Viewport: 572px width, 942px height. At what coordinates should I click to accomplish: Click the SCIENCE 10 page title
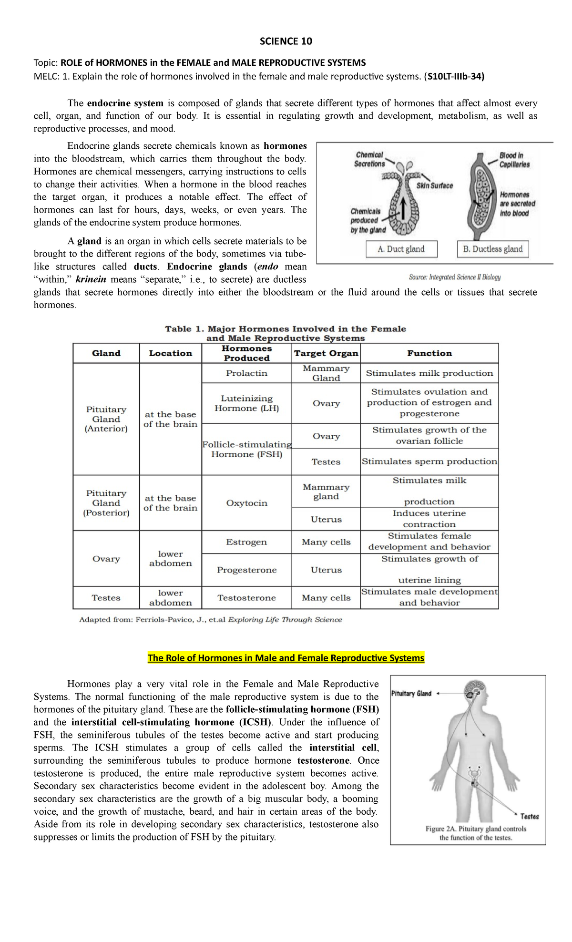286,41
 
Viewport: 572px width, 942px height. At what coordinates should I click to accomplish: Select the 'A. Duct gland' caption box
401,249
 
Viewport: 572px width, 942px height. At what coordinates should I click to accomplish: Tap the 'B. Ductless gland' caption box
492,249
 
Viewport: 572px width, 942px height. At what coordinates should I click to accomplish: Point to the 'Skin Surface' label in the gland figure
434,185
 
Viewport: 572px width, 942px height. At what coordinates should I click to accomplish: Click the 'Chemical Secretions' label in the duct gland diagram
369,159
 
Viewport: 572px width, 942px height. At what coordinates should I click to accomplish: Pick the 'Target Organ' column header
326,353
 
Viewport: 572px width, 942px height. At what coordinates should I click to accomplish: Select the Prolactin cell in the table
246,373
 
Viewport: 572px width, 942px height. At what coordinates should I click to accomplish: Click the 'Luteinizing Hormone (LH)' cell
246,403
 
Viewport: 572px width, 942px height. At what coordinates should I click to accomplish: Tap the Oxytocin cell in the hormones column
246,503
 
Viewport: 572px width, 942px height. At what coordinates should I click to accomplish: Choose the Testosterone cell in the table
246,598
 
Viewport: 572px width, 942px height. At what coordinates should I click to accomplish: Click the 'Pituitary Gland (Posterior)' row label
106,503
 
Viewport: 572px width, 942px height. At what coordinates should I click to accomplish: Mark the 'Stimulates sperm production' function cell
429,461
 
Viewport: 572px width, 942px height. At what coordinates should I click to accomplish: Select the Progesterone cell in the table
246,570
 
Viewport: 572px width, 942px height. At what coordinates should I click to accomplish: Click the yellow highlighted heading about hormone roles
286,658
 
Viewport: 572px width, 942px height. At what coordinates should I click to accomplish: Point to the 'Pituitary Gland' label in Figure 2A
411,694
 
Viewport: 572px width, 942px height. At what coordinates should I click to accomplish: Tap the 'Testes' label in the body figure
530,816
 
